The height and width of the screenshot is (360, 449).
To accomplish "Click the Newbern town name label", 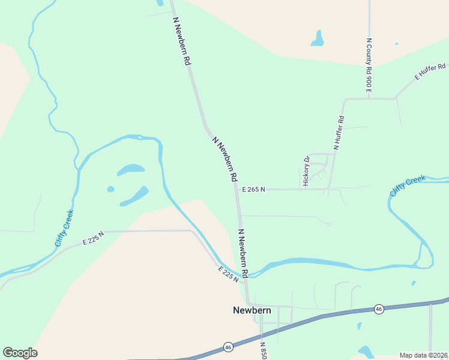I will pyautogui.click(x=252, y=310).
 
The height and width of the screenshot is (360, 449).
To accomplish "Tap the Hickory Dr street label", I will pyautogui.click(x=307, y=170).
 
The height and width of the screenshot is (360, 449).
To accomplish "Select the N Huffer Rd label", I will pyautogui.click(x=339, y=133).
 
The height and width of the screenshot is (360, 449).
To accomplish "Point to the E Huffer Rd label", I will pyautogui.click(x=430, y=71).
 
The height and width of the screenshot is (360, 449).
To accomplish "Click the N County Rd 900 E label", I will pyautogui.click(x=369, y=66).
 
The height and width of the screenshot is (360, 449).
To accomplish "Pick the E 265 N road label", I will pyautogui.click(x=253, y=189).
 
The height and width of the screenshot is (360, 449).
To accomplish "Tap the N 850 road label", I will pyautogui.click(x=263, y=351).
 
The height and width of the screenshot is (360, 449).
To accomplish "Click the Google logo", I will pyautogui.click(x=20, y=353).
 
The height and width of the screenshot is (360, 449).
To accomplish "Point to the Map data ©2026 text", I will pyautogui.click(x=423, y=355).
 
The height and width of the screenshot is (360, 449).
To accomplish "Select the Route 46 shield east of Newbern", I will pyautogui.click(x=378, y=308).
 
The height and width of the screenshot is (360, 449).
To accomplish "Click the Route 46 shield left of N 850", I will pyautogui.click(x=228, y=347).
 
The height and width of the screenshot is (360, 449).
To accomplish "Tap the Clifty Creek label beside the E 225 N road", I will pyautogui.click(x=64, y=228).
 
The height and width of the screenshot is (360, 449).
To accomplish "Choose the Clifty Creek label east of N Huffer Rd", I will pyautogui.click(x=408, y=185).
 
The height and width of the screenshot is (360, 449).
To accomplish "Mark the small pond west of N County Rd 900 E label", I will pyautogui.click(x=317, y=40).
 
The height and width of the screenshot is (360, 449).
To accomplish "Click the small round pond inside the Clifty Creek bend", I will pyautogui.click(x=110, y=189).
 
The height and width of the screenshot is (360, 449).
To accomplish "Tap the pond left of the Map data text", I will pyautogui.click(x=366, y=351).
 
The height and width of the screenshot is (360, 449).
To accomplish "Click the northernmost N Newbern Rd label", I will pyautogui.click(x=182, y=40).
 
